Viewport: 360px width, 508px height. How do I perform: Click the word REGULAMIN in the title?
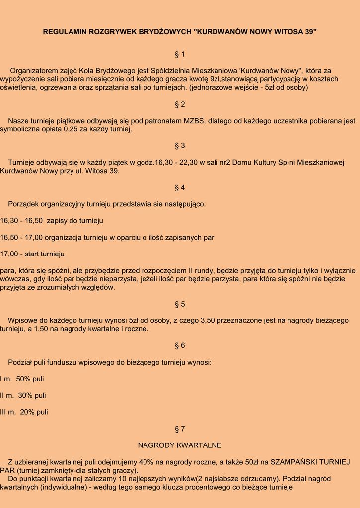(x=65, y=32)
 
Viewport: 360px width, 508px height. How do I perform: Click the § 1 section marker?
(x=180, y=54)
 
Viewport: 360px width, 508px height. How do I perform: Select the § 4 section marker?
(x=180, y=188)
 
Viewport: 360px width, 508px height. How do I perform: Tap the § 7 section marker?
(x=180, y=429)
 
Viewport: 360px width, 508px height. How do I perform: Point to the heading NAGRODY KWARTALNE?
(x=180, y=445)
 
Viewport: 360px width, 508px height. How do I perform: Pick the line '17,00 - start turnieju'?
(x=32, y=254)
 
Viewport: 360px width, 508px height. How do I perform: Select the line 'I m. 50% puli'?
(x=22, y=379)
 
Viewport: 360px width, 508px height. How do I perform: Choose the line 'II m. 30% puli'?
(x=23, y=395)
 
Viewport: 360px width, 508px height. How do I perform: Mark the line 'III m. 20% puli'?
(x=24, y=412)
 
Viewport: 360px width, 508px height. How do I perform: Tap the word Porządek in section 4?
(x=23, y=204)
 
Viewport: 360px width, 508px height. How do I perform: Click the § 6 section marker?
(x=180, y=345)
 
